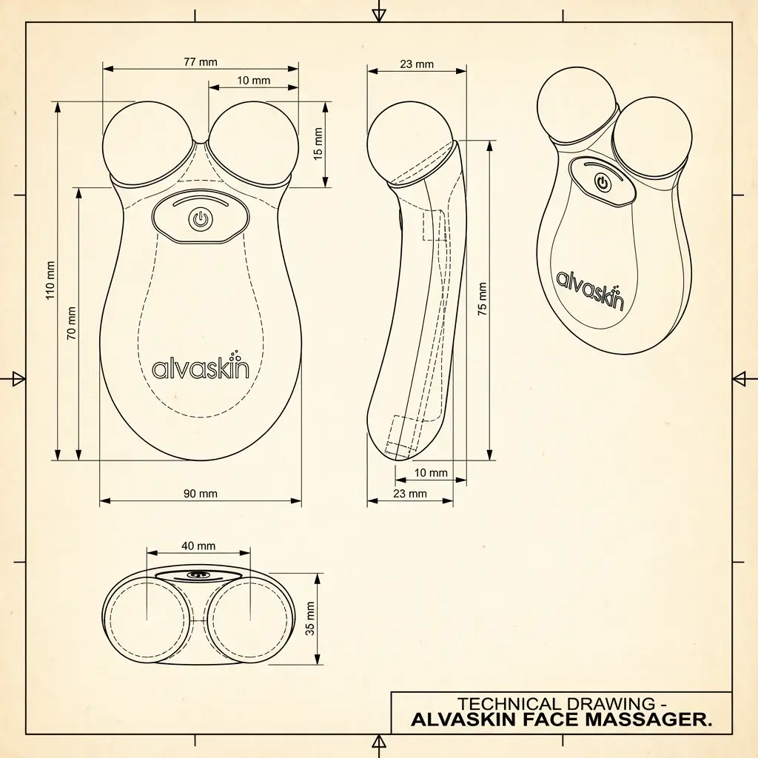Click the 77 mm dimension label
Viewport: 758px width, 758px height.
[200, 62]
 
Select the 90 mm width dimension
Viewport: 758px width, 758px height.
[200, 494]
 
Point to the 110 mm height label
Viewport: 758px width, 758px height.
[51, 280]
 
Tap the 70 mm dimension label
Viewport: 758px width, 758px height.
[72, 323]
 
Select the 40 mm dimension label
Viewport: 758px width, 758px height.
[198, 546]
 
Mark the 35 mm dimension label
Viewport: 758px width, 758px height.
[310, 618]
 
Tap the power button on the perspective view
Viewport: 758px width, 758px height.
[603, 181]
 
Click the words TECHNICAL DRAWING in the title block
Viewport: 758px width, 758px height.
[555, 704]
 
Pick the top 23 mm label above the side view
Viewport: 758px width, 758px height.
[417, 64]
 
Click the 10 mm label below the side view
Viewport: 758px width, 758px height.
[431, 473]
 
